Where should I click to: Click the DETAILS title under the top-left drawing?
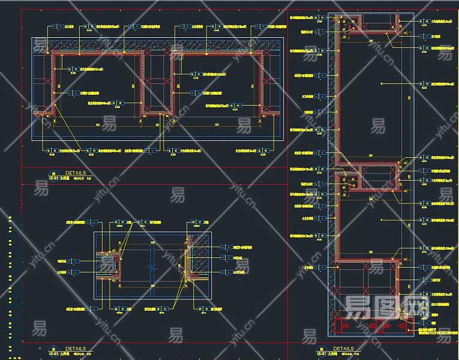[x=76, y=172]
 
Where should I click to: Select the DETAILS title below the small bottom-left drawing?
[x=76, y=349]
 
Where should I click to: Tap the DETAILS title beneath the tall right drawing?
[x=343, y=349]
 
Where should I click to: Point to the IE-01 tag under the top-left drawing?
[x=53, y=178]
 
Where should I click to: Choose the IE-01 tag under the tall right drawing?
[x=322, y=354]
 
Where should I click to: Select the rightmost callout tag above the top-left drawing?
[x=264, y=27]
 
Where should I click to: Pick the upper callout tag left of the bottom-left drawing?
[x=75, y=261]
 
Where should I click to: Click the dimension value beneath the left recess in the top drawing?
[x=98, y=124]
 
